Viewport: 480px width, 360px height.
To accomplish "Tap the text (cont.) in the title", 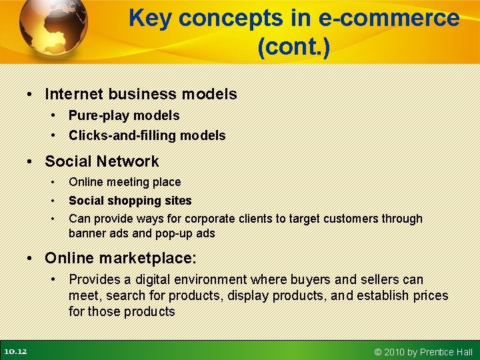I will click(x=293, y=47).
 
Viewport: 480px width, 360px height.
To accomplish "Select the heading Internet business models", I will click(x=141, y=94).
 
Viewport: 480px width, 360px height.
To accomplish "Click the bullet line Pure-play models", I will click(x=124, y=115).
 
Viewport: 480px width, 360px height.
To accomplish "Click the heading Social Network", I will click(x=102, y=161).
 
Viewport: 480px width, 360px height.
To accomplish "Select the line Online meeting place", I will click(x=125, y=182).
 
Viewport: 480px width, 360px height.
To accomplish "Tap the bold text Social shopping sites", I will click(x=130, y=201).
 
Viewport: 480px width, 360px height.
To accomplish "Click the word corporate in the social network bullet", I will click(x=211, y=219).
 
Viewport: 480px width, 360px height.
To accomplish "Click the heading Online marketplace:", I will click(x=121, y=257).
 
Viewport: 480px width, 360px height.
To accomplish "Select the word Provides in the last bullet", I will click(x=93, y=279).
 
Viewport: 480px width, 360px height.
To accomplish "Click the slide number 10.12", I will click(x=15, y=351).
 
